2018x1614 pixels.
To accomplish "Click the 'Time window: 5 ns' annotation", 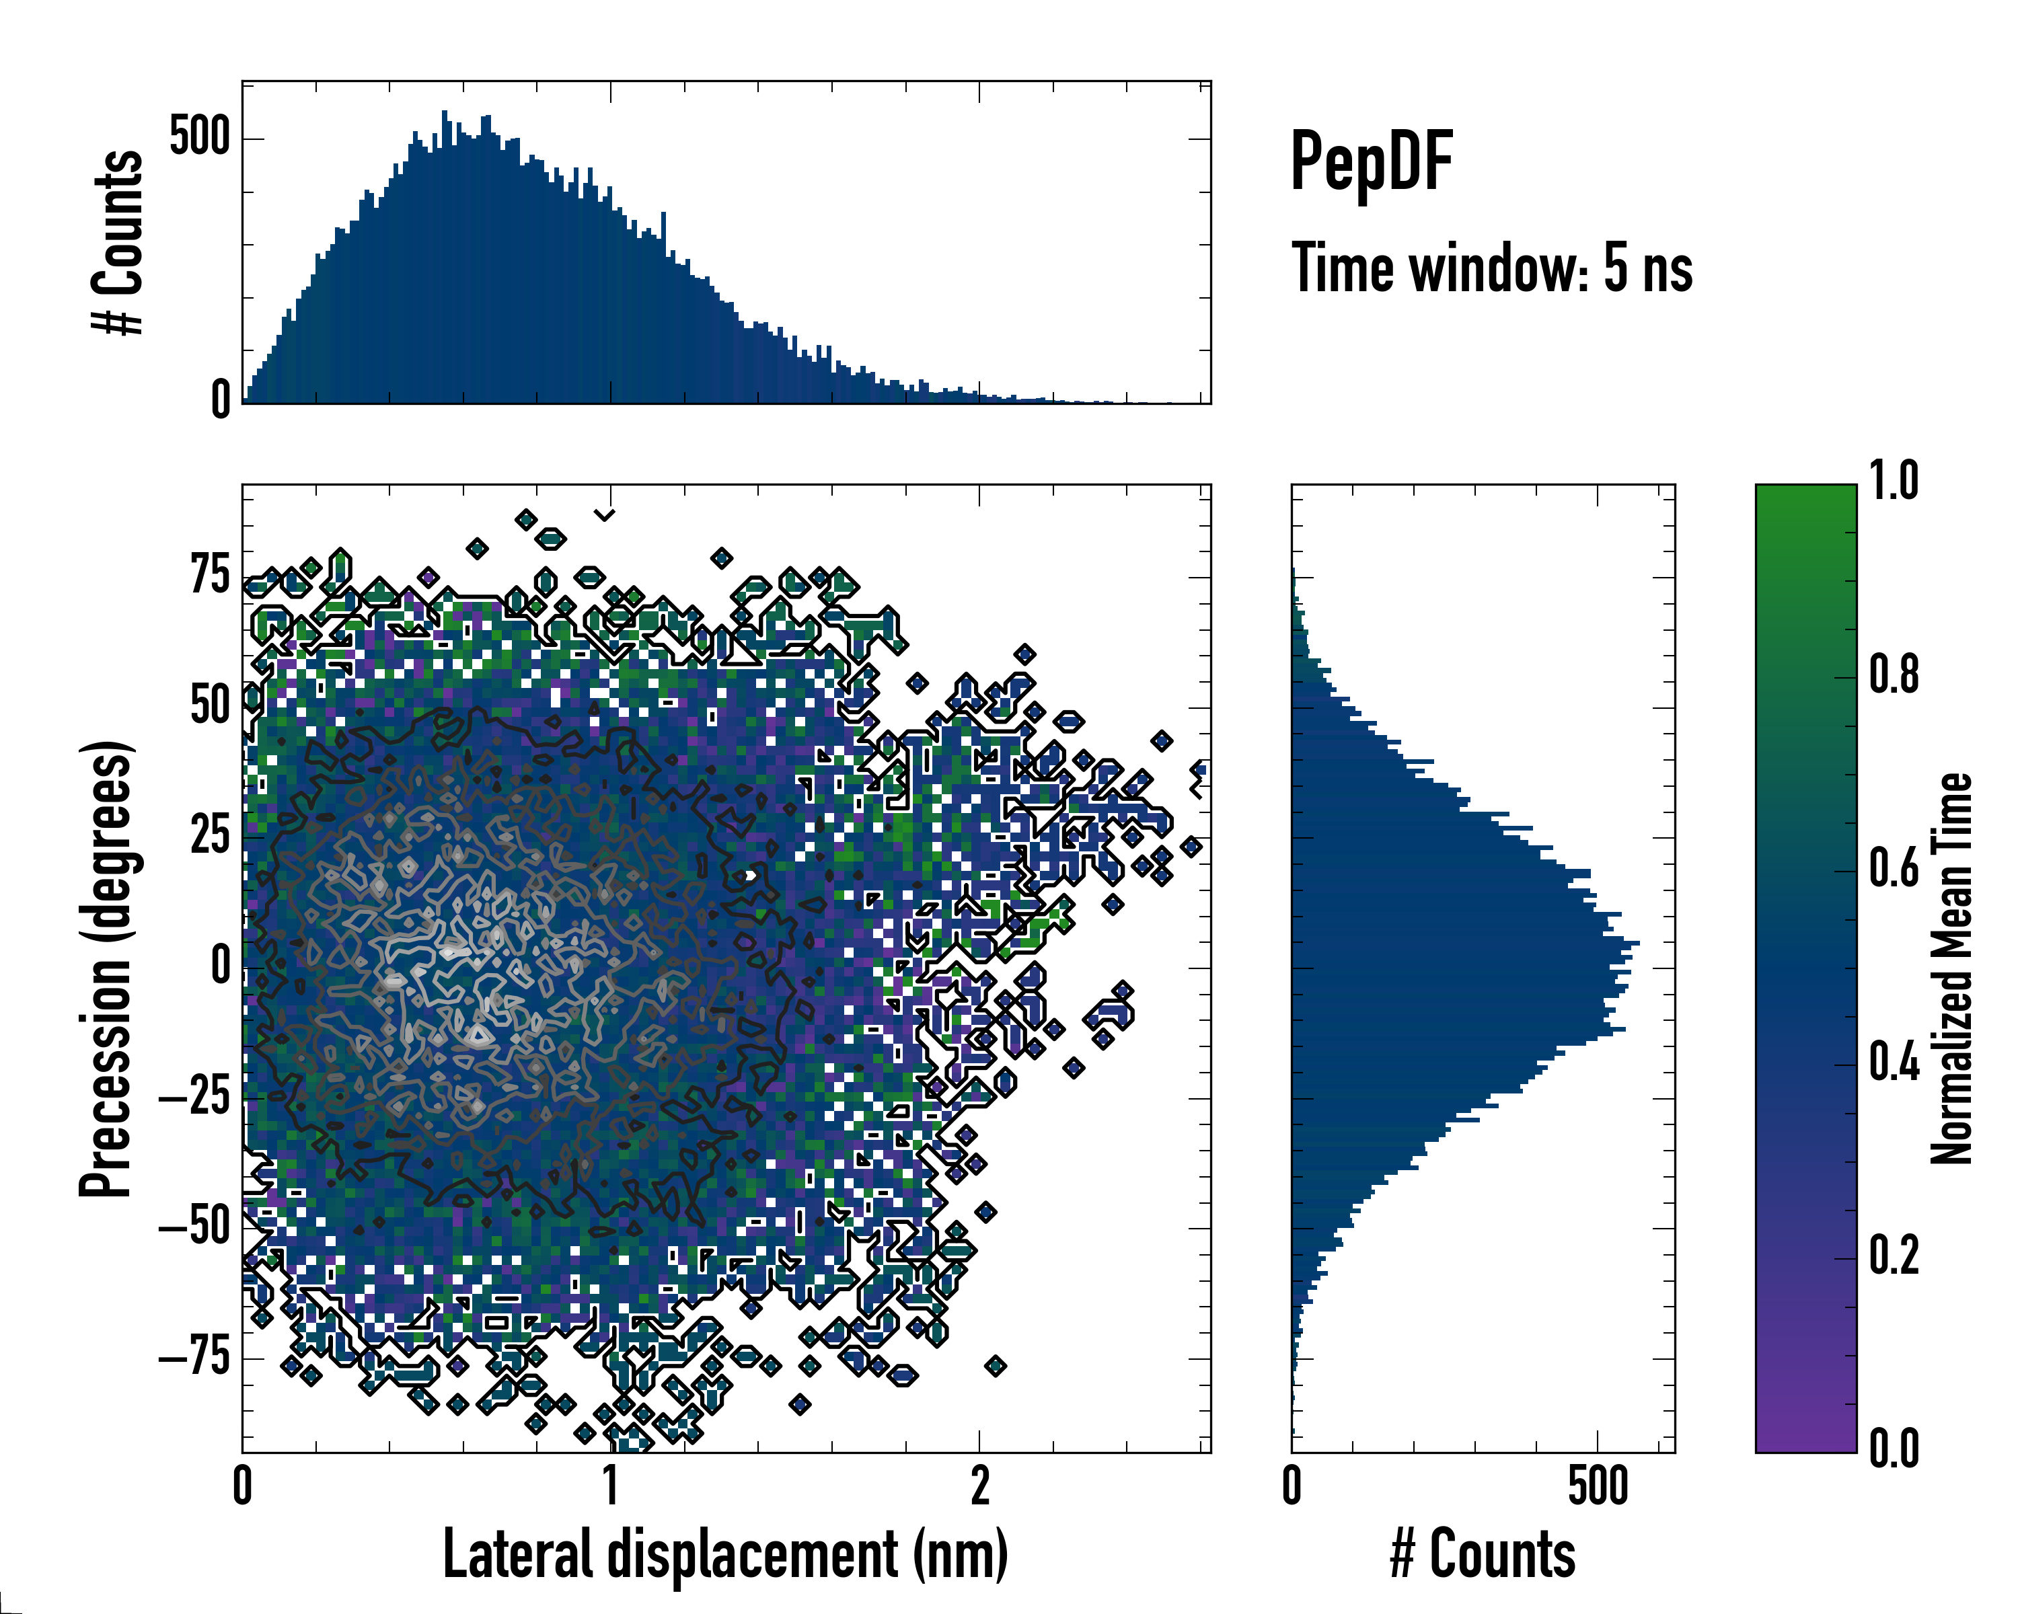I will [x=1491, y=268].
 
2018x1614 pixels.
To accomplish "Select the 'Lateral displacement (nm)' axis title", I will [x=725, y=1555].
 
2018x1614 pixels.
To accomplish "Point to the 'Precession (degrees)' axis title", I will [x=105, y=968].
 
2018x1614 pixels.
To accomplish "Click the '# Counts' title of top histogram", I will [x=118, y=242].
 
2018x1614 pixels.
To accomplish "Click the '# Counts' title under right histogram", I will [x=1483, y=1555].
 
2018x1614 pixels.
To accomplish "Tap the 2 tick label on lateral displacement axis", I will [x=979, y=1487].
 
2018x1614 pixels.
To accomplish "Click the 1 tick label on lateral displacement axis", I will [x=610, y=1487].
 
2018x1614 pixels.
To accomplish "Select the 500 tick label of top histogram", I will [x=199, y=138].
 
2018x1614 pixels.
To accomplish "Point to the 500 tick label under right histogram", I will [x=1598, y=1487].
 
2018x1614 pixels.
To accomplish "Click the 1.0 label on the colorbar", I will [x=1894, y=482].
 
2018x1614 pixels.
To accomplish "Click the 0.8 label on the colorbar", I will [x=1894, y=676].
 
